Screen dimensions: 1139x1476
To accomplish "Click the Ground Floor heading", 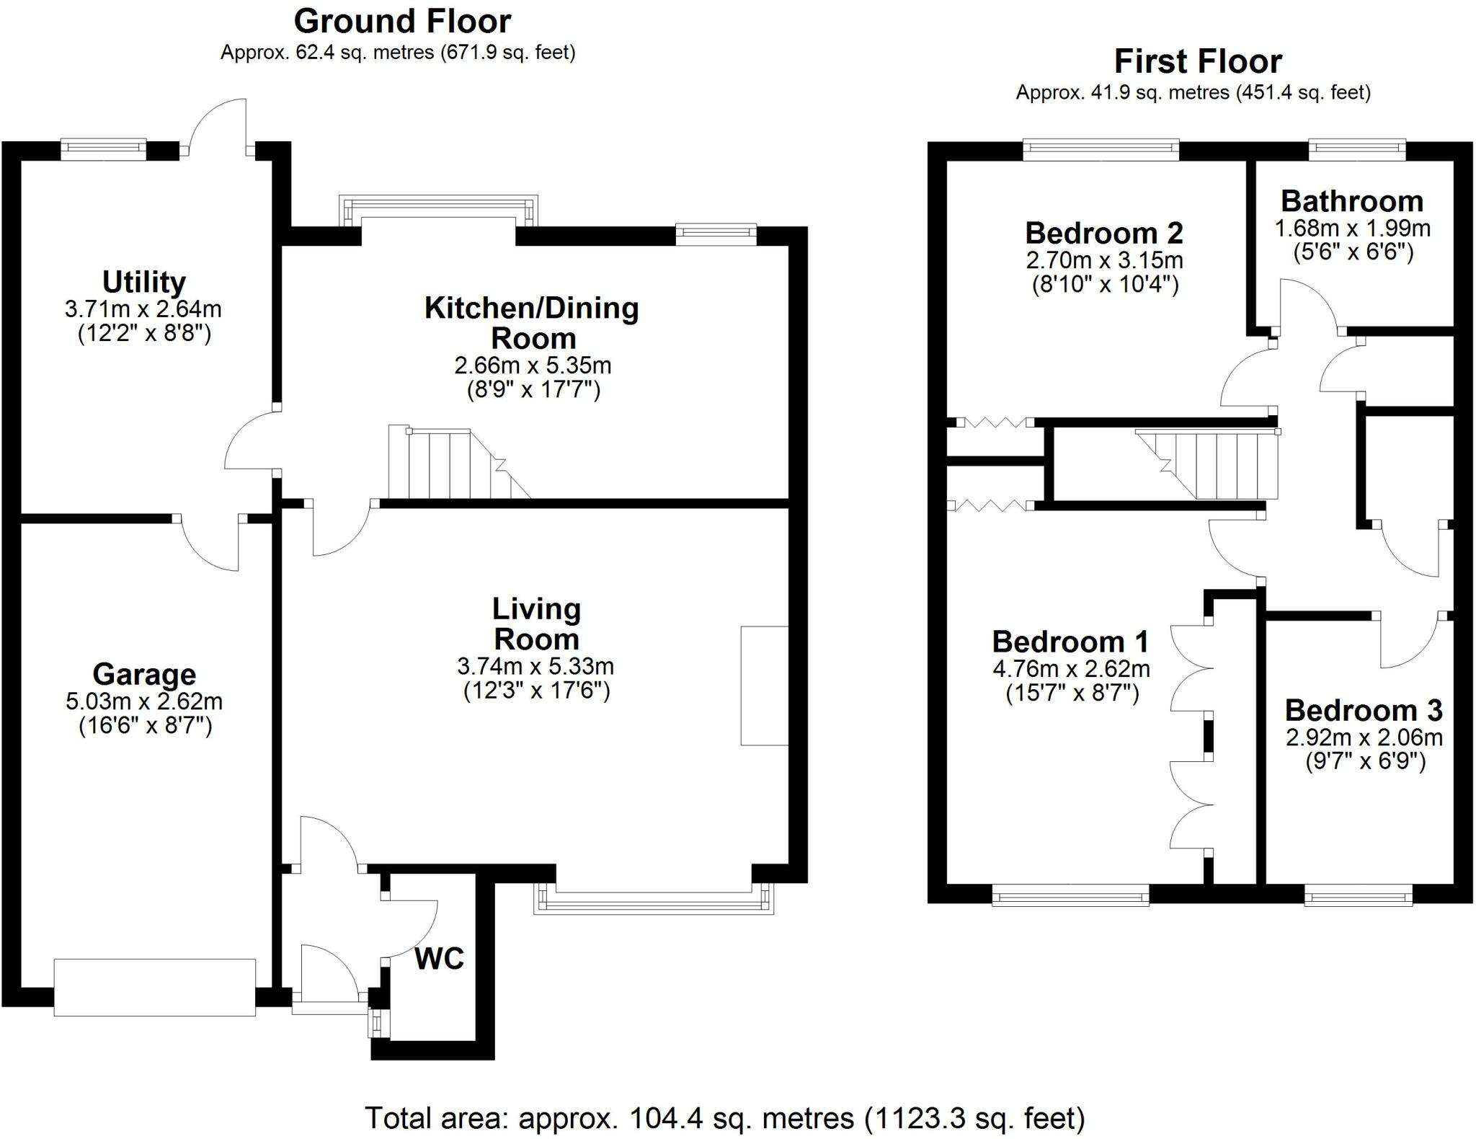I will (402, 22).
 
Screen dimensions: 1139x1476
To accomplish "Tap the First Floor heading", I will (1198, 62).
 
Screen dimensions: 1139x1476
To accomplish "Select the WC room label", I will (439, 959).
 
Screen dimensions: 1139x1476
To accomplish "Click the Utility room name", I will (144, 282).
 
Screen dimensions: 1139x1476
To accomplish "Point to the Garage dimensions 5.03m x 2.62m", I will (144, 701).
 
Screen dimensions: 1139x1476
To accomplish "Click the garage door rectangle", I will (155, 987).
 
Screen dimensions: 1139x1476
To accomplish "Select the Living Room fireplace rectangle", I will (764, 686).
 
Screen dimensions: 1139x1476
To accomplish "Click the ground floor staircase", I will (450, 464).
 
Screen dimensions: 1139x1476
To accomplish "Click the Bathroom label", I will (1352, 201).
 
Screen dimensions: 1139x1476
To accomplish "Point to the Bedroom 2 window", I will (1101, 149).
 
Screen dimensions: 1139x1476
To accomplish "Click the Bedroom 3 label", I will (1364, 711).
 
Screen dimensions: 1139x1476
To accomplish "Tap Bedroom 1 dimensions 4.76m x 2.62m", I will (1071, 669).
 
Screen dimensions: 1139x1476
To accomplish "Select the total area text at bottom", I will (724, 1118).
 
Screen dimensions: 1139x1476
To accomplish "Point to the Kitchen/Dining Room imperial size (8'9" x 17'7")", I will (533, 390).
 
